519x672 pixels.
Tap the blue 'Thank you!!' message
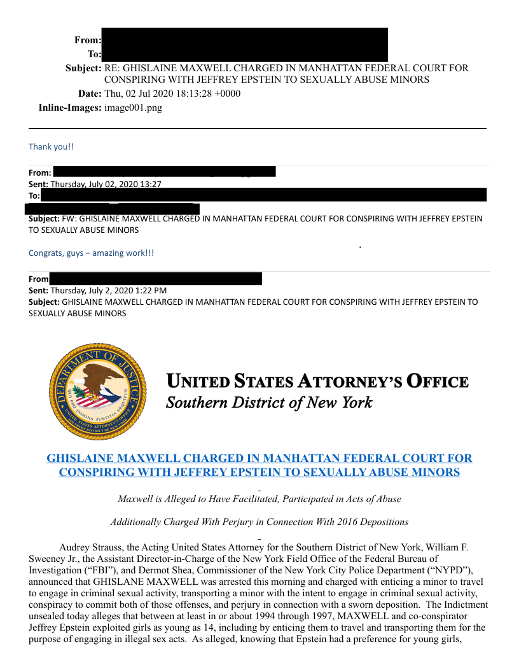click(x=51, y=146)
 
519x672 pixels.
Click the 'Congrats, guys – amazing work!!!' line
click(x=91, y=253)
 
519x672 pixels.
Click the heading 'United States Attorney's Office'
click(x=317, y=382)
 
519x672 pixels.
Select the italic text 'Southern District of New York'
click(x=268, y=403)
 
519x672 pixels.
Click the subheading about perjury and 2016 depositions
click(x=259, y=522)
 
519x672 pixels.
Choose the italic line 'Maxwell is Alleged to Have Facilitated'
click(x=259, y=499)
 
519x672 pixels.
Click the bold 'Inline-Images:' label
click(x=70, y=108)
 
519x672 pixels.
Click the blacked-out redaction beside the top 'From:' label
click(x=244, y=39)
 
